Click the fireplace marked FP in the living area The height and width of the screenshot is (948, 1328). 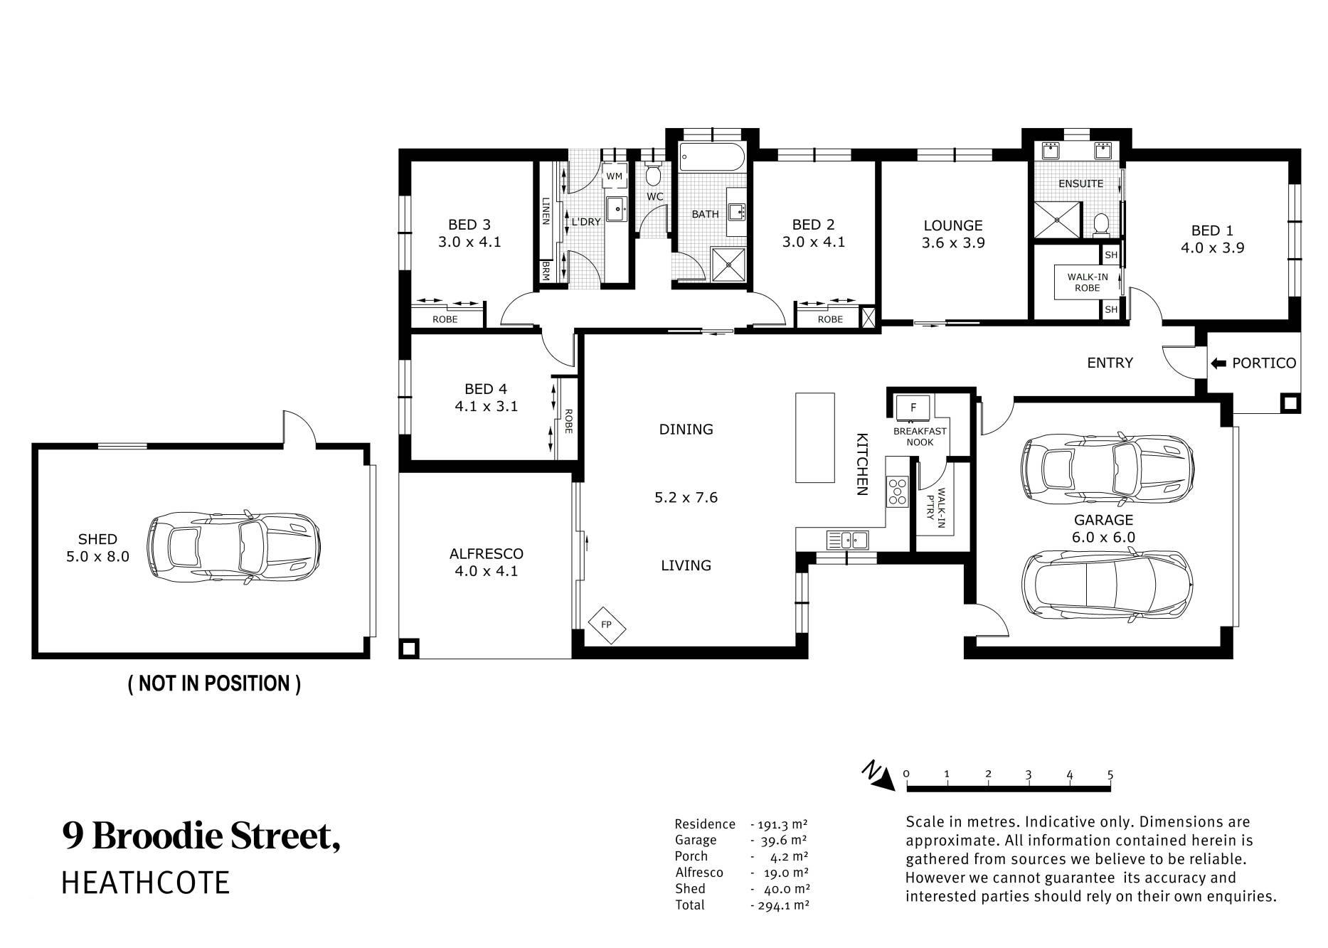tap(607, 625)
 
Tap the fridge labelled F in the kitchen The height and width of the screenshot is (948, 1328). tap(914, 408)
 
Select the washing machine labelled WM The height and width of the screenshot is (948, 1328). tap(615, 176)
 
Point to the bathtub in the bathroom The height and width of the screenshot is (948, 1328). tap(712, 157)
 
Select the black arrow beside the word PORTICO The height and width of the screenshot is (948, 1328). tap(1218, 363)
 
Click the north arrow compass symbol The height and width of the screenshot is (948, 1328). tap(879, 777)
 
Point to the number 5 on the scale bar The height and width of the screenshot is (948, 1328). tap(1110, 774)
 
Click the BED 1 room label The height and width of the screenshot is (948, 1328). tap(1212, 230)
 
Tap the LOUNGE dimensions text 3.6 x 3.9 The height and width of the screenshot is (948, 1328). tap(953, 243)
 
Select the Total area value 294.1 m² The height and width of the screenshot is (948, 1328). tap(780, 905)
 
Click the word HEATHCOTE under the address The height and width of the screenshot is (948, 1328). tap(146, 883)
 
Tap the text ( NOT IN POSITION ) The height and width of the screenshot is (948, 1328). tap(214, 683)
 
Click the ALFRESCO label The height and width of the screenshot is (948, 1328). tap(487, 553)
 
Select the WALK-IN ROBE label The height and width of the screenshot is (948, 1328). tap(1088, 282)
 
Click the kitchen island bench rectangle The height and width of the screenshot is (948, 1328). tap(815, 437)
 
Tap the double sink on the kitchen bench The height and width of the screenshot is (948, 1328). tap(847, 540)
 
